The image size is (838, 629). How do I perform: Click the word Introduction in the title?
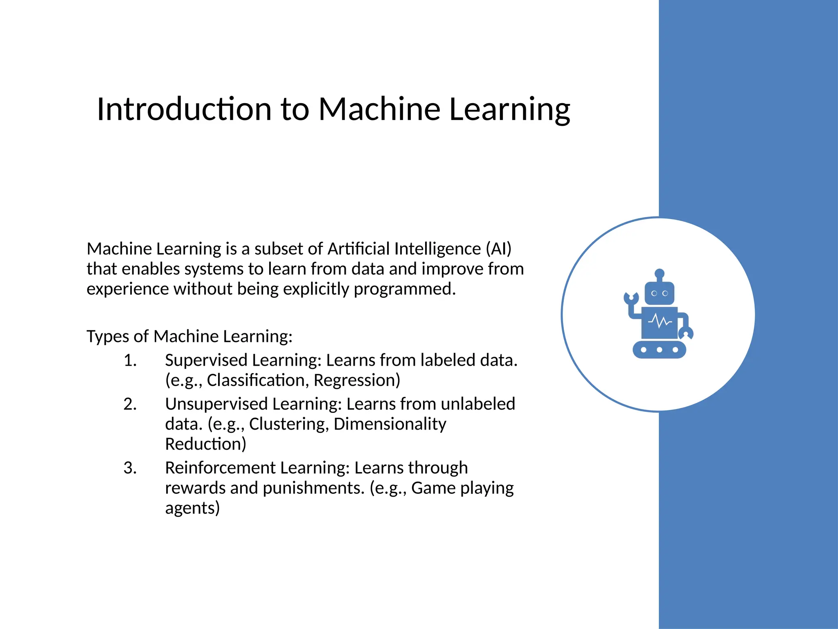[x=184, y=109]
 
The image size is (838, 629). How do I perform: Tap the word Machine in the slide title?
[x=379, y=109]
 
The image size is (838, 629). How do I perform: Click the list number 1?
[x=130, y=360]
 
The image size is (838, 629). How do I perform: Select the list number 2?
[x=130, y=404]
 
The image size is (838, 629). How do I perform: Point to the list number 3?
[x=130, y=468]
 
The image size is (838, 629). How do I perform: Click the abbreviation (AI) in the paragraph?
[x=498, y=249]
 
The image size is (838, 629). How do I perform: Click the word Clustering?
[x=288, y=424]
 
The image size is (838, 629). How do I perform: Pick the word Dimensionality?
[x=390, y=424]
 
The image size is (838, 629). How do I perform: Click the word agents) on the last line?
[x=192, y=508]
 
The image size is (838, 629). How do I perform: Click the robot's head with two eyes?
[x=659, y=293]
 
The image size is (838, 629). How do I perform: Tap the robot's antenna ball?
[x=659, y=273]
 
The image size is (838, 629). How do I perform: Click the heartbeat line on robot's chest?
[x=660, y=322]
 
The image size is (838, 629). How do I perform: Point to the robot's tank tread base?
[x=659, y=350]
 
